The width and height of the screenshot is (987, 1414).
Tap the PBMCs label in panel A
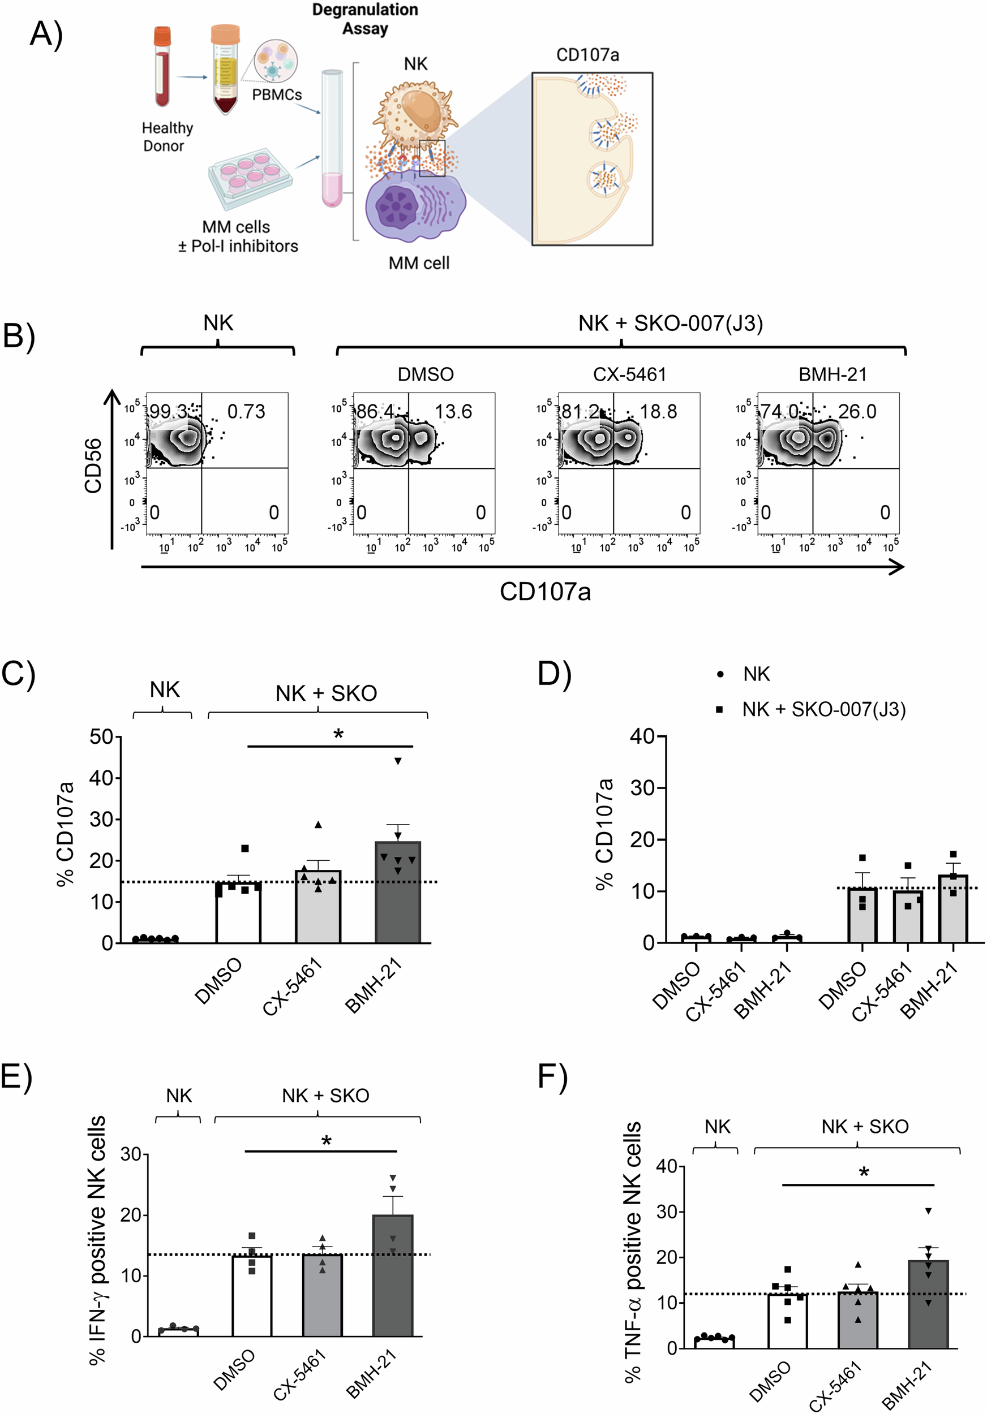pyautogui.click(x=277, y=95)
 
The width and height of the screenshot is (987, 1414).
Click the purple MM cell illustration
pyautogui.click(x=415, y=209)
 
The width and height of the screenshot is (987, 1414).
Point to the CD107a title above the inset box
pyautogui.click(x=587, y=55)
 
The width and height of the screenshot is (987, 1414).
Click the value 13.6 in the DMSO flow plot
pyautogui.click(x=453, y=411)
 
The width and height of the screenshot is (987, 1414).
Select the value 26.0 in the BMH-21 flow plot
pyautogui.click(x=857, y=411)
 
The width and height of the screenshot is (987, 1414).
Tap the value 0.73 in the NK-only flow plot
pyautogui.click(x=246, y=411)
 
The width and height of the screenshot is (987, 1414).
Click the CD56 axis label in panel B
pyautogui.click(x=93, y=465)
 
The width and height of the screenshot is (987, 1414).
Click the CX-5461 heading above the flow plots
pyautogui.click(x=629, y=374)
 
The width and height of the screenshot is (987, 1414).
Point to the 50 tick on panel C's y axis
pyautogui.click(x=101, y=736)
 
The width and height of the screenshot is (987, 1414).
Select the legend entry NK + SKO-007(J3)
pyautogui.click(x=823, y=709)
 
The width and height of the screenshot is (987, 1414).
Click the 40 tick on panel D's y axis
pyautogui.click(x=641, y=736)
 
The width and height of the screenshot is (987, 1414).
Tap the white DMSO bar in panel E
pyautogui.click(x=252, y=1296)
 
